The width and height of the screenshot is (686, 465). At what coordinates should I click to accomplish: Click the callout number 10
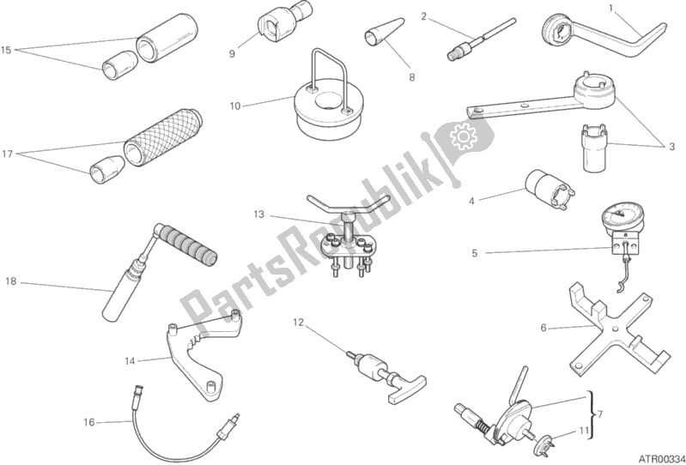pos(235,106)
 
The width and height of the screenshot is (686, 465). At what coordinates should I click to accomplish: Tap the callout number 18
pos(11,282)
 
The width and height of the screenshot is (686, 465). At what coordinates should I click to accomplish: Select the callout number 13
pos(259,214)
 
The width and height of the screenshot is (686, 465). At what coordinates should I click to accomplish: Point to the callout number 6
pos(543,328)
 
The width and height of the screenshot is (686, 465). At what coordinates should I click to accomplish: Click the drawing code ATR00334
pos(660,458)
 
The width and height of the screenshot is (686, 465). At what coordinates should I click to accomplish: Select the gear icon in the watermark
pos(464,136)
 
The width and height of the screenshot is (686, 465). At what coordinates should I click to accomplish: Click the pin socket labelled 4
pos(550,189)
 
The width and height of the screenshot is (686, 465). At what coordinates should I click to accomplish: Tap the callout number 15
pos(6,51)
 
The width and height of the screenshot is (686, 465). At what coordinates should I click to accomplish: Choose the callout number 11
pos(584,431)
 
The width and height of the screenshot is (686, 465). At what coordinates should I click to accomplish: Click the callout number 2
pos(423,16)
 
